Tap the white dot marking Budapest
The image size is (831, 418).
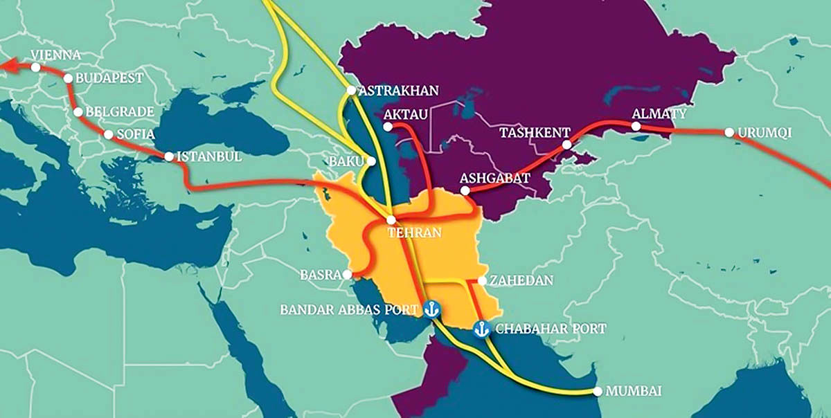pyautogui.click(x=69, y=78)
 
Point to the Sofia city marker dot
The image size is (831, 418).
pyautogui.click(x=109, y=134)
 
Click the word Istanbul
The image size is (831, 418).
pyautogui.click(x=210, y=156)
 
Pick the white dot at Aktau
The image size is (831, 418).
pyautogui.click(x=388, y=127)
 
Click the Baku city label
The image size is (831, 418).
pyautogui.click(x=347, y=161)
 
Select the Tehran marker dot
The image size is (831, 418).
pyautogui.click(x=391, y=219)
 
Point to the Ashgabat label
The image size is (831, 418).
pyautogui.click(x=495, y=178)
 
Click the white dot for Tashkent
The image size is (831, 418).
pyautogui.click(x=567, y=145)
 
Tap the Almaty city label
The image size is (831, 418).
pyautogui.click(x=659, y=113)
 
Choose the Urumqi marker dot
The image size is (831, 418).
pyautogui.click(x=729, y=132)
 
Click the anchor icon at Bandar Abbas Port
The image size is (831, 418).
pyautogui.click(x=432, y=309)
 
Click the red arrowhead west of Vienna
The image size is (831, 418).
pyautogui.click(x=7, y=66)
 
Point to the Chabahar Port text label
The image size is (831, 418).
pyautogui.click(x=551, y=329)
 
